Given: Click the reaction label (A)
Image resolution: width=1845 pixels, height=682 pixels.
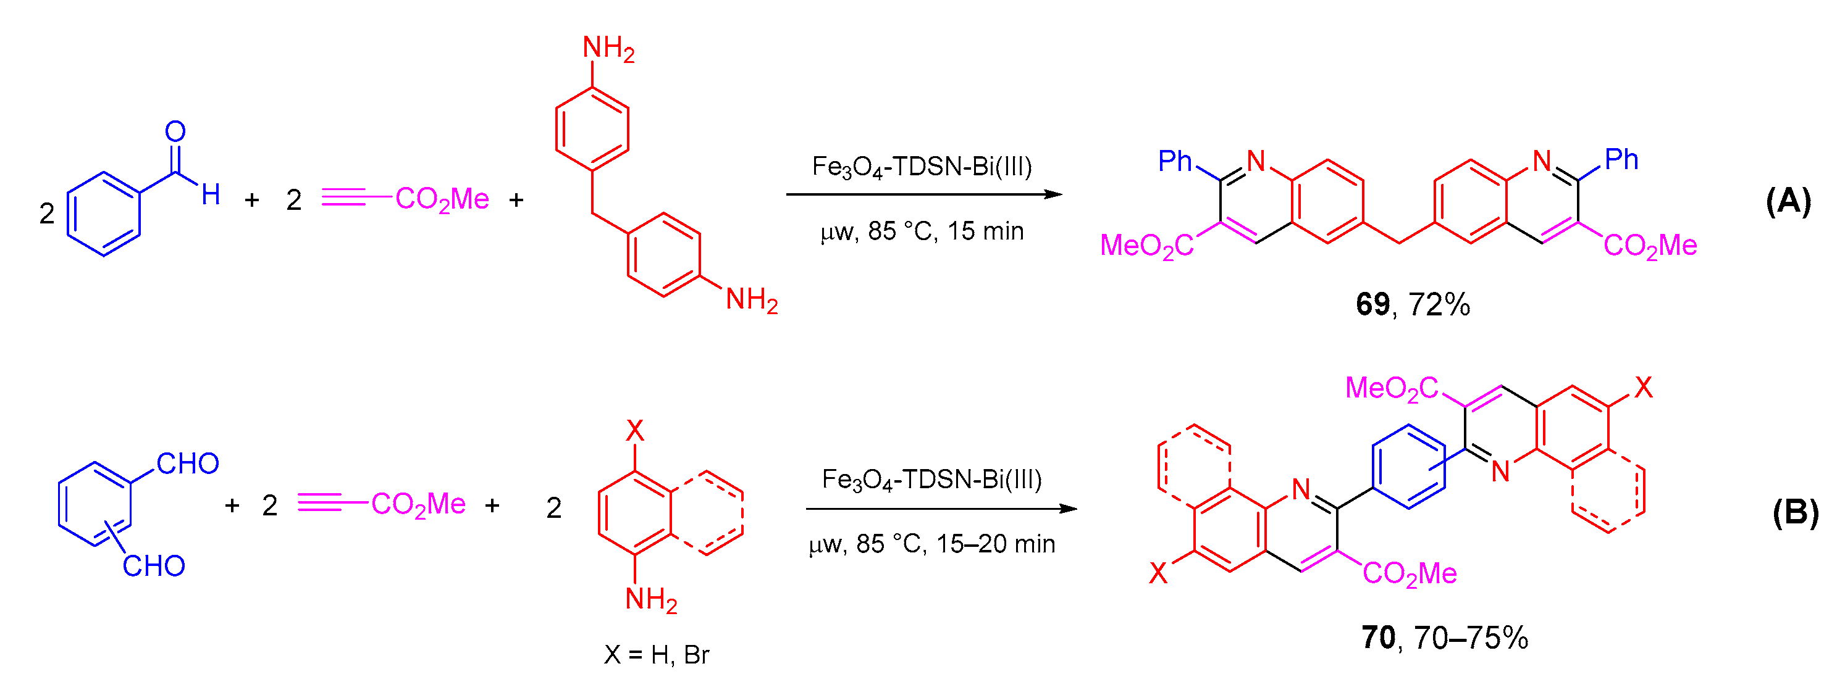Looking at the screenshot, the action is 1788,201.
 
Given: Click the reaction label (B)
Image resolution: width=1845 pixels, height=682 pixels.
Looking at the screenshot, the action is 1795,513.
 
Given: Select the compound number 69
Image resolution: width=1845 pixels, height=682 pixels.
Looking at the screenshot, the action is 1372,305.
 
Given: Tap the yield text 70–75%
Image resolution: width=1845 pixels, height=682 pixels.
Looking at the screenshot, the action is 1471,638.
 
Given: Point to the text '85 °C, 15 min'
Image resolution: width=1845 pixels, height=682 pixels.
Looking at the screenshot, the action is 946,231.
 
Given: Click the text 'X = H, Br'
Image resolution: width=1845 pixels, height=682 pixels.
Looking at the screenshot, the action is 656,655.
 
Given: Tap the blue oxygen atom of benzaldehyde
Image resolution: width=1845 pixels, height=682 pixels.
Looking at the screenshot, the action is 175,131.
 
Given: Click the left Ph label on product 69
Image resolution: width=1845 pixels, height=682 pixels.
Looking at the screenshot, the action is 1175,162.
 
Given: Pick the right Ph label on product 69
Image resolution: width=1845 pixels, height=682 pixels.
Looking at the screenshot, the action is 1621,160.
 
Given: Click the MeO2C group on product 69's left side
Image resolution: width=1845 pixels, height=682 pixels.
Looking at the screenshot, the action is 1146,246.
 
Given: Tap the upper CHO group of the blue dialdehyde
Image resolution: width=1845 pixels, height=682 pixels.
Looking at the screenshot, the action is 188,464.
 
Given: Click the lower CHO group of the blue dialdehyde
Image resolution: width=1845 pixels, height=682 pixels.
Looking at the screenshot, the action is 154,566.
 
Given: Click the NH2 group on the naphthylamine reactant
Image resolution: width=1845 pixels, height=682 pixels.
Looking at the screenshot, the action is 650,600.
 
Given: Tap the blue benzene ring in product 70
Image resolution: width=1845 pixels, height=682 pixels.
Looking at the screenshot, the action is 1408,467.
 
